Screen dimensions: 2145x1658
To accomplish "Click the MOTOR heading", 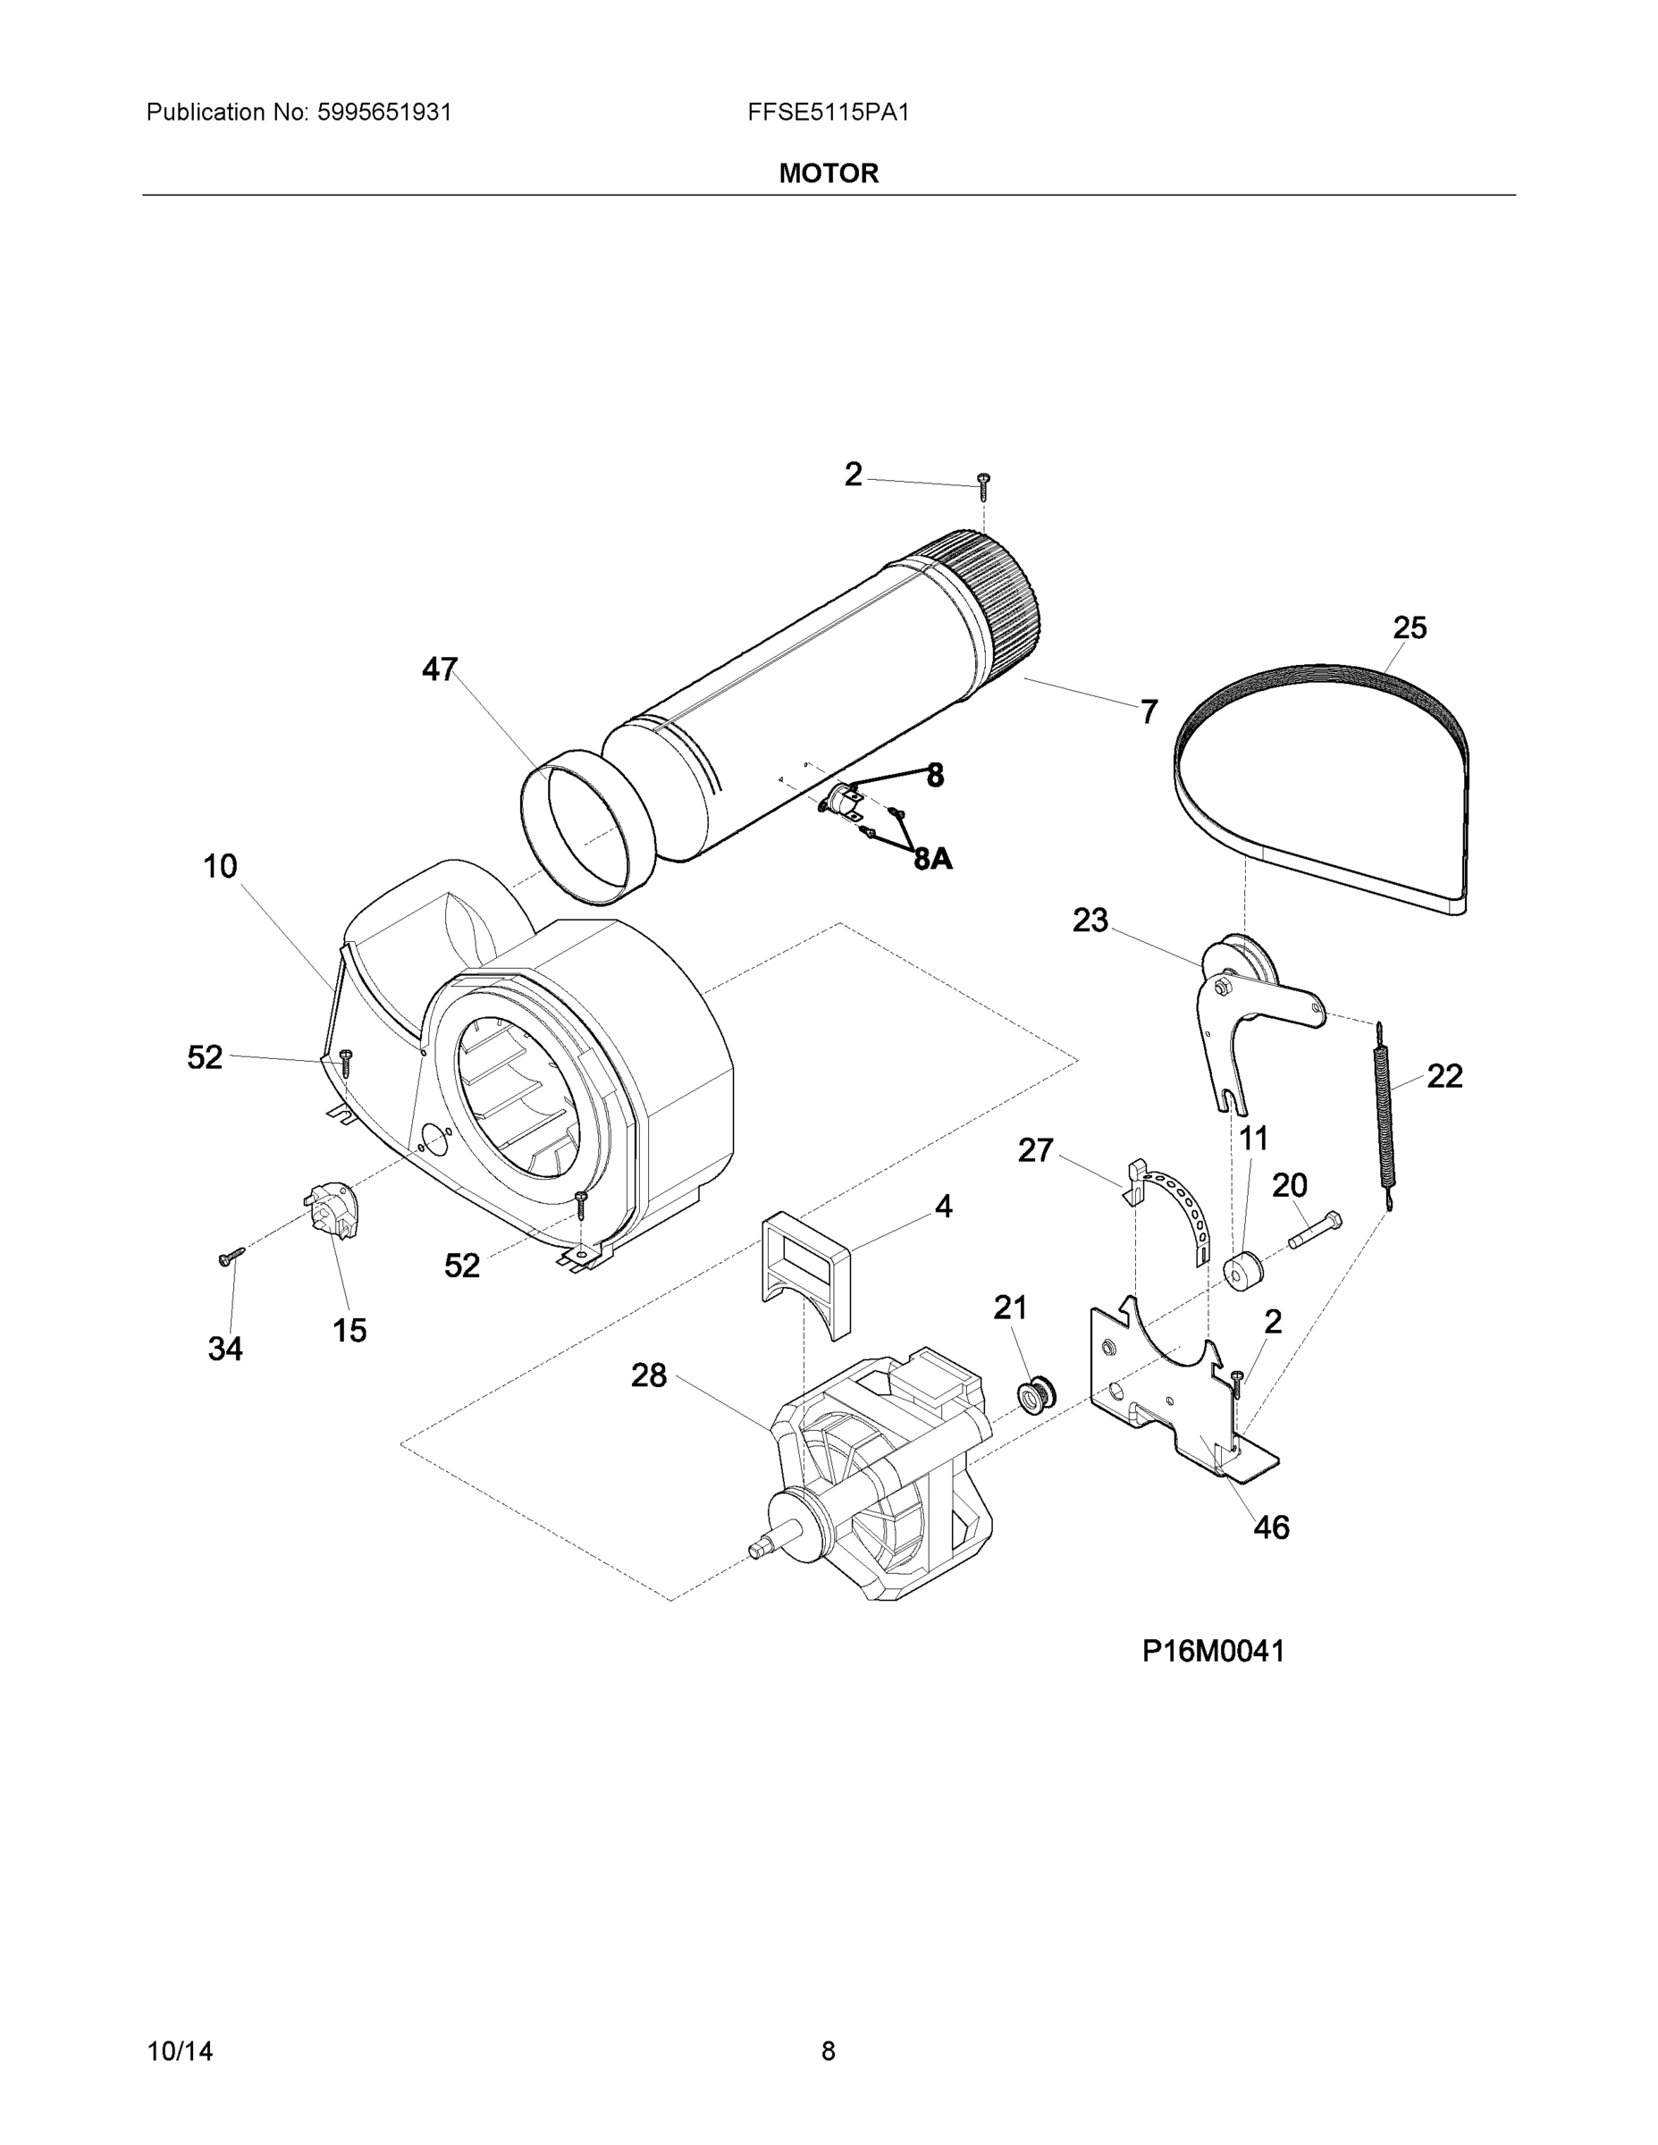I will [828, 174].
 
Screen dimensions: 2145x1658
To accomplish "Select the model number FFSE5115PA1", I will [828, 113].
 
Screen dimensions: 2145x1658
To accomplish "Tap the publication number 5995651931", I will [384, 113].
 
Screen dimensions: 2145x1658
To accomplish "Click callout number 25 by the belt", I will [1409, 627].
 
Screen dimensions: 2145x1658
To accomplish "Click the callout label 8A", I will [932, 860].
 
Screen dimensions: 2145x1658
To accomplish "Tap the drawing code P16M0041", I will [1213, 1651].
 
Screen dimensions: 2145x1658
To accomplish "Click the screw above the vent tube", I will [983, 481].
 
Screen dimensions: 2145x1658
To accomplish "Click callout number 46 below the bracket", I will [1270, 1527].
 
